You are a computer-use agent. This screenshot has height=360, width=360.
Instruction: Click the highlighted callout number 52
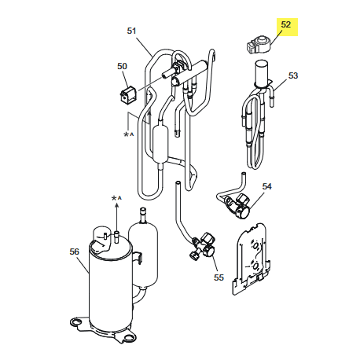click(x=285, y=24)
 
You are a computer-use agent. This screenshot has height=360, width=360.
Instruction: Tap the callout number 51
click(x=131, y=31)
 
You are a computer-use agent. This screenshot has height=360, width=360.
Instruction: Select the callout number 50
click(x=122, y=66)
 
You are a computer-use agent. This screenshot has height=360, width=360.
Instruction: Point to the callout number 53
click(x=293, y=75)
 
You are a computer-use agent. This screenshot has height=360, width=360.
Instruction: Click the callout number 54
click(x=267, y=186)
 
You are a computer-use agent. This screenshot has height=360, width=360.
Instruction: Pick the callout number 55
click(x=219, y=277)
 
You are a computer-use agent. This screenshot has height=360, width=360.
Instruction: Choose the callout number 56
click(x=74, y=252)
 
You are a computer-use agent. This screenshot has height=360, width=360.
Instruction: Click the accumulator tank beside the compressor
click(x=143, y=253)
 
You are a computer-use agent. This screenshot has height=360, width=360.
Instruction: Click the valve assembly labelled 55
click(x=203, y=246)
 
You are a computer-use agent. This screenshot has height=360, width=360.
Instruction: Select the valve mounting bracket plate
click(x=251, y=258)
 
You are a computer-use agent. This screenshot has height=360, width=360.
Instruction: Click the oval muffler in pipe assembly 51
click(x=160, y=144)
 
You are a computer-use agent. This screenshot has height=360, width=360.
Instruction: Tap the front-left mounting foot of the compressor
click(x=76, y=321)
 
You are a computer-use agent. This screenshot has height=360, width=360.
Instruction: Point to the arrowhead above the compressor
click(x=116, y=205)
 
